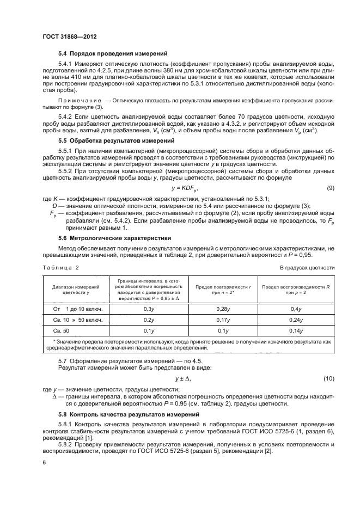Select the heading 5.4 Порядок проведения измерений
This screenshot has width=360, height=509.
click(108, 54)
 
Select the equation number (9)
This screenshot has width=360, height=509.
click(330, 188)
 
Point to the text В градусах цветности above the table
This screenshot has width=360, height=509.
click(307, 267)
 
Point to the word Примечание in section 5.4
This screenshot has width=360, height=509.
click(79, 101)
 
